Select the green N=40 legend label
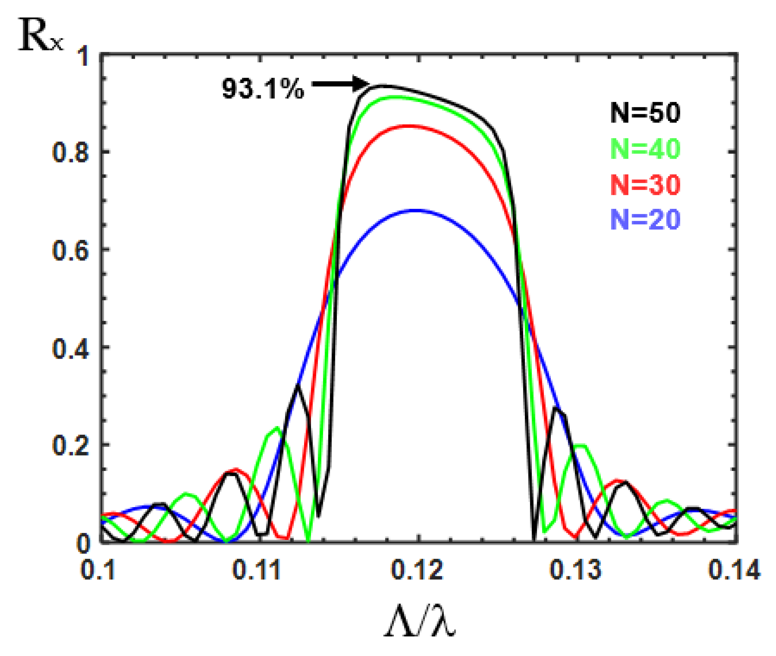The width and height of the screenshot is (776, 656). pyautogui.click(x=645, y=149)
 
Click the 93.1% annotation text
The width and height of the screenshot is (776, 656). pyautogui.click(x=263, y=89)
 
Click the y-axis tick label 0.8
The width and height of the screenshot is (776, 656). pyautogui.click(x=71, y=152)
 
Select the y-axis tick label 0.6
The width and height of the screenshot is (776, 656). pyautogui.click(x=71, y=250)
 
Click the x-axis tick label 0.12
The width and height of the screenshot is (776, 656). pyautogui.click(x=417, y=570)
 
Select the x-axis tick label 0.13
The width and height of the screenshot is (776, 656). pyautogui.click(x=575, y=570)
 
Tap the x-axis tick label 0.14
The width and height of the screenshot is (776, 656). pyautogui.click(x=734, y=570)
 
